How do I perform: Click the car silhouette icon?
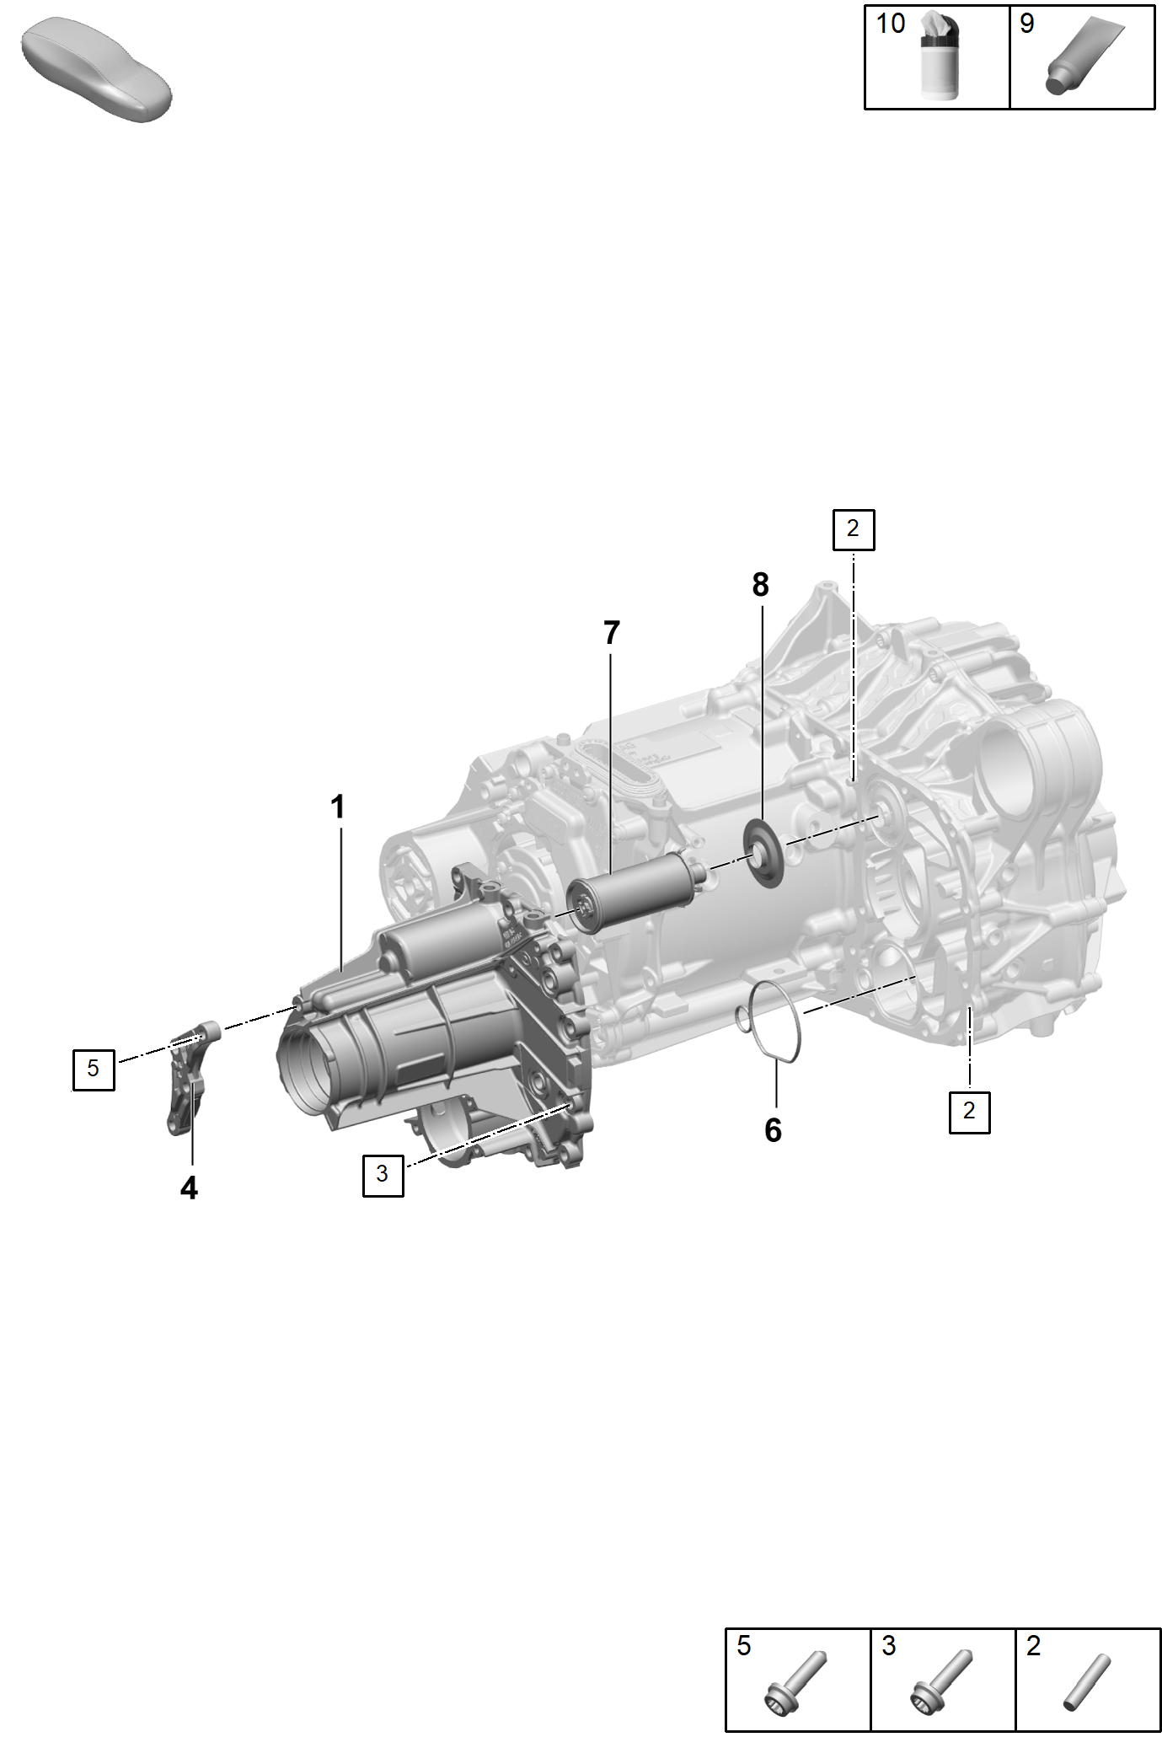pyautogui.click(x=96, y=69)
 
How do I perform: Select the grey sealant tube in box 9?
pyautogui.click(x=1084, y=56)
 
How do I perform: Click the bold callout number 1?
pyautogui.click(x=338, y=807)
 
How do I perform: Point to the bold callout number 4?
pyautogui.click(x=190, y=1188)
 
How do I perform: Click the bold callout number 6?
pyautogui.click(x=774, y=1130)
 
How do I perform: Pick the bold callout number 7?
pyautogui.click(x=612, y=633)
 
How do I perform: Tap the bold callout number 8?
pyautogui.click(x=761, y=584)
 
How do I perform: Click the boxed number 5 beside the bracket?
pyautogui.click(x=94, y=1069)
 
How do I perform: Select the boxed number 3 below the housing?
pyautogui.click(x=383, y=1175)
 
